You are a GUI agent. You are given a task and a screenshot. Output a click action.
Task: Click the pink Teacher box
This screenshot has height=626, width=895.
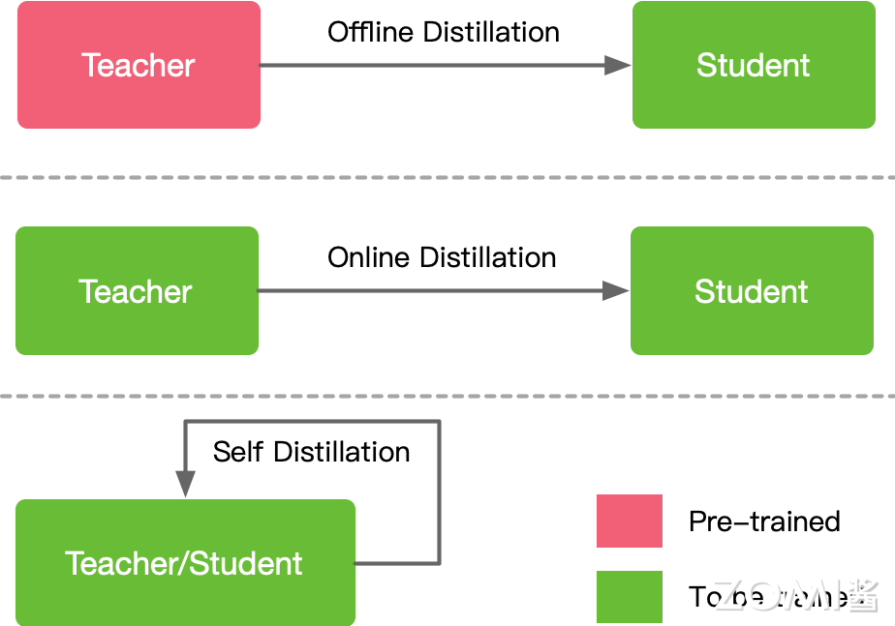(139, 65)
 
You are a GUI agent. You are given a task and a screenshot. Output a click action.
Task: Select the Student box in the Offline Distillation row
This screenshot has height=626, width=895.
(753, 65)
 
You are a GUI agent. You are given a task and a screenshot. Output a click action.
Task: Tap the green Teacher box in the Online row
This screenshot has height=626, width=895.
(137, 291)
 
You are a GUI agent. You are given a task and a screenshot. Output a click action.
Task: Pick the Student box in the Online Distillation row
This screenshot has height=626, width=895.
(751, 291)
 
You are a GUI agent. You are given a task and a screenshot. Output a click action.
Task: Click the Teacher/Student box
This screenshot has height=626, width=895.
(185, 562)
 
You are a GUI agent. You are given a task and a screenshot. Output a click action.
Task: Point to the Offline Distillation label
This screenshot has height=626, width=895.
(443, 32)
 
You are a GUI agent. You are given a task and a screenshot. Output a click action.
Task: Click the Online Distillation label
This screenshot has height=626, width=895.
(442, 257)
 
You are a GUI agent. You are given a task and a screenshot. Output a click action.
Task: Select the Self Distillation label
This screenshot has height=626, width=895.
(311, 452)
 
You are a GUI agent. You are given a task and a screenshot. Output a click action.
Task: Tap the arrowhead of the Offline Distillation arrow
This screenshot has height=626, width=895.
(617, 65)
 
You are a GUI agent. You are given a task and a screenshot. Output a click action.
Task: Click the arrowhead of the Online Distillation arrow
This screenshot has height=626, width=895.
(615, 290)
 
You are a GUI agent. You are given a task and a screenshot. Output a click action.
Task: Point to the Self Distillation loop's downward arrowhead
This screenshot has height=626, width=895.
(185, 484)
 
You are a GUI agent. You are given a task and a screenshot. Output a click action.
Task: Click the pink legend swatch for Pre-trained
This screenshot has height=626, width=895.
(630, 521)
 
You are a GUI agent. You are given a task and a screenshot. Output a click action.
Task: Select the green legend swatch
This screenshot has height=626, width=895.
(630, 596)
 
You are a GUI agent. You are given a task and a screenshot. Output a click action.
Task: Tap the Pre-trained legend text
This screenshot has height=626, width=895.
(764, 522)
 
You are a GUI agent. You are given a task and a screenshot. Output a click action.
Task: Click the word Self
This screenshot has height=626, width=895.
(238, 452)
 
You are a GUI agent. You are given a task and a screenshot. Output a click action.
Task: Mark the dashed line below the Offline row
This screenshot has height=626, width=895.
(447, 177)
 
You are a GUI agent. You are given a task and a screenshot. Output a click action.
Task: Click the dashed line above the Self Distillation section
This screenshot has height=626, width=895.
(447, 396)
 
